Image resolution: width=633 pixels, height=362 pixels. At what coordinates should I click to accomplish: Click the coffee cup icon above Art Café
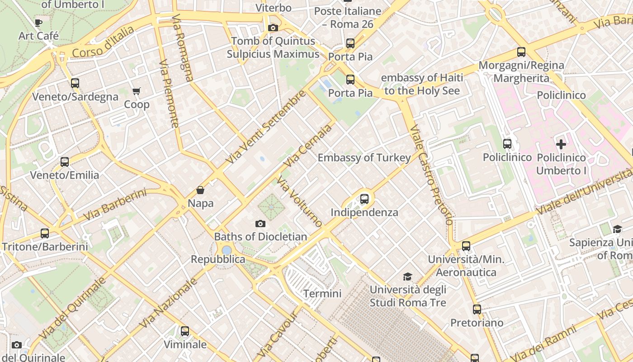38,23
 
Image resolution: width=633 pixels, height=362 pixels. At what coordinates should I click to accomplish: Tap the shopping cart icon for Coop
137,91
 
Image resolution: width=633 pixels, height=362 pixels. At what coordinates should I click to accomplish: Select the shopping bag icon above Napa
200,190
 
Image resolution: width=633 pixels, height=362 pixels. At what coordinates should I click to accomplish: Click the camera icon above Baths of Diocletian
260,224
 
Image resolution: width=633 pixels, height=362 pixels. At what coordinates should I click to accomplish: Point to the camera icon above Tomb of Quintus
273,28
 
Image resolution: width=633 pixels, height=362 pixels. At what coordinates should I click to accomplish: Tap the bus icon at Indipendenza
364,199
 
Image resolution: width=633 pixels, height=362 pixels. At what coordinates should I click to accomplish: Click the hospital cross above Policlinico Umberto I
561,145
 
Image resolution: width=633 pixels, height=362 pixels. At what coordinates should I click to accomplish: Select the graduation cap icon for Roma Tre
408,276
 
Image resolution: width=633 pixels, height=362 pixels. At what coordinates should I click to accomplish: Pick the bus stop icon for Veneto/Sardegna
75,83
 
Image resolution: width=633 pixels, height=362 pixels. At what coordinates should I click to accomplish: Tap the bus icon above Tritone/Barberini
45,233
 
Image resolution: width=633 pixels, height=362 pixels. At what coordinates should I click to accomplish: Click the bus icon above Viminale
185,331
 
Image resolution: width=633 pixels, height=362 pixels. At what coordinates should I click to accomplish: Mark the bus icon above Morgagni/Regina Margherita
521,52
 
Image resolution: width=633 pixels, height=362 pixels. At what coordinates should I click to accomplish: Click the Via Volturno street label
300,202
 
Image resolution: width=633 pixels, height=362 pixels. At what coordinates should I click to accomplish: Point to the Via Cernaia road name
307,146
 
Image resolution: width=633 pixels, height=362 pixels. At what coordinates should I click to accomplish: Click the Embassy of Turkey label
364,157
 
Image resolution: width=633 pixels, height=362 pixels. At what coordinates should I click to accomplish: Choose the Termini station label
322,293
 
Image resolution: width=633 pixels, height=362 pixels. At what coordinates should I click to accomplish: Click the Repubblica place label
218,259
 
